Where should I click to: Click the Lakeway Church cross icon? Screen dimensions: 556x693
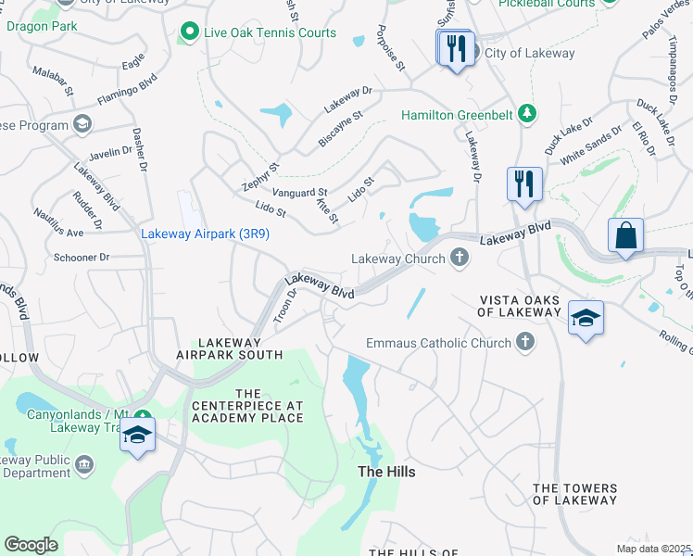point(459,259)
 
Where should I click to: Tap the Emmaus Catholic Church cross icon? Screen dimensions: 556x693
point(525,343)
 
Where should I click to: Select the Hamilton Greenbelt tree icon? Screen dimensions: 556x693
point(527,115)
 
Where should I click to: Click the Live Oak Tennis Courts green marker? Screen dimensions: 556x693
point(190,32)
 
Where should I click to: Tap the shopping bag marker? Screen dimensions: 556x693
point(625,234)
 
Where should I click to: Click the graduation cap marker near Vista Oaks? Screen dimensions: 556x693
point(585,318)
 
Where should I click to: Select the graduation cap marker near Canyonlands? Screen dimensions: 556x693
point(137,434)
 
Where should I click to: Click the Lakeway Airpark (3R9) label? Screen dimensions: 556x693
point(205,234)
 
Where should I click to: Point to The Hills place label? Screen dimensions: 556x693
point(386,472)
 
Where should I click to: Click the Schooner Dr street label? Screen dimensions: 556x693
point(82,257)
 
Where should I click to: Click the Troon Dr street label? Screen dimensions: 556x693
point(283,306)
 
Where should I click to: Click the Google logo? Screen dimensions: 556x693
point(31,545)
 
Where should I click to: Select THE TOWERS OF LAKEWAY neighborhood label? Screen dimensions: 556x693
point(574,494)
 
